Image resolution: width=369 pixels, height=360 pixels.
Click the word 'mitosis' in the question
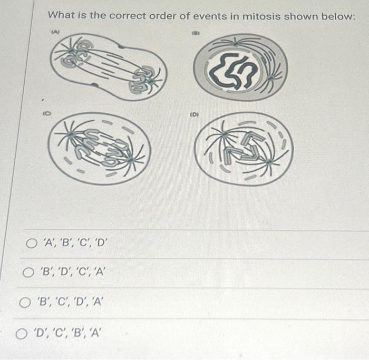[261, 16]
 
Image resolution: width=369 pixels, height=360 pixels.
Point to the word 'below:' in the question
[338, 16]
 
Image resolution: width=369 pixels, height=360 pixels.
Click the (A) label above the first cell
[55, 31]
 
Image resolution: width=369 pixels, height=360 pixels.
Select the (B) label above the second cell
[196, 33]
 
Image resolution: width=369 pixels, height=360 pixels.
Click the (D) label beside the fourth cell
[195, 115]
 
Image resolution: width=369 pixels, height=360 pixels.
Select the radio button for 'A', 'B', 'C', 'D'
[31, 244]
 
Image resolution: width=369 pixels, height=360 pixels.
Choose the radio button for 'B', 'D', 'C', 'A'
[28, 273]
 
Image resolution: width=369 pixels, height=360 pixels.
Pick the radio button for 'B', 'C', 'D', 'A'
[25, 303]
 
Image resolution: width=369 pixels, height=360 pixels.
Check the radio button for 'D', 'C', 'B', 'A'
[22, 334]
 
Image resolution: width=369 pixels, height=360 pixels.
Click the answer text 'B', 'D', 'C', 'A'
[72, 272]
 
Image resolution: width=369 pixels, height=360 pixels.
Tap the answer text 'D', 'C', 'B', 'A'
[67, 333]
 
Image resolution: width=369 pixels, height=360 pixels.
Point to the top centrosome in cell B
[235, 43]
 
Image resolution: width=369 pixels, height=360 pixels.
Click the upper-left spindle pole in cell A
[71, 51]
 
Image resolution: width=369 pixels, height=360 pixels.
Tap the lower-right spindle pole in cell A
[150, 82]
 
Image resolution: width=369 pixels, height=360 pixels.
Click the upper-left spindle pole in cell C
[71, 134]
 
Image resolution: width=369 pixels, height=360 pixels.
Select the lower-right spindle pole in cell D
[269, 162]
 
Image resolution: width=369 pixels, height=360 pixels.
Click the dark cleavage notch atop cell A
[121, 46]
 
